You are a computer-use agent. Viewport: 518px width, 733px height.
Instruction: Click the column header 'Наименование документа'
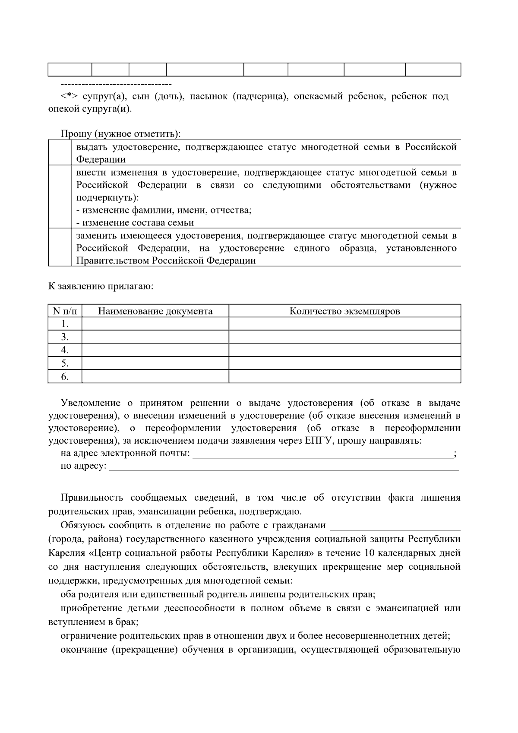tap(155, 311)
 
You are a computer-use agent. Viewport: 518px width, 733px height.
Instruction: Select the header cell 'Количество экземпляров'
tap(344, 311)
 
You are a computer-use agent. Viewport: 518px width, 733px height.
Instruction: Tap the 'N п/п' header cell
tap(65, 311)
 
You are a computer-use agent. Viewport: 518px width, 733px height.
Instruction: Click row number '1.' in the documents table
tap(65, 324)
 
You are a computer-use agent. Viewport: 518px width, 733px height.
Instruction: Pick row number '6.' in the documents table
tap(65, 377)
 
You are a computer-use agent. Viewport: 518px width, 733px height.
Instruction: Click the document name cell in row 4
tap(155, 350)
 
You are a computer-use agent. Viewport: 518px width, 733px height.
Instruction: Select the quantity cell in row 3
tap(344, 337)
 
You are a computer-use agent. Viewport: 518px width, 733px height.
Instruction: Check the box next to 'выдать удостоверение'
tap(60, 153)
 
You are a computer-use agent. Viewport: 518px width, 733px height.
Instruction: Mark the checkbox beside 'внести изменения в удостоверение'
tap(60, 197)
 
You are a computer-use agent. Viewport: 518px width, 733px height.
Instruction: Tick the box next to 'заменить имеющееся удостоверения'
tap(60, 248)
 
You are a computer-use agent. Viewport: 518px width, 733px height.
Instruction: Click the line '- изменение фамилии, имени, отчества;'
tap(164, 210)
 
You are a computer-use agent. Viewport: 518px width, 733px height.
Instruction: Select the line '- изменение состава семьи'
tap(135, 223)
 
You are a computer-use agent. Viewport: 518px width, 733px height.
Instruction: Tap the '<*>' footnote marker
tap(69, 96)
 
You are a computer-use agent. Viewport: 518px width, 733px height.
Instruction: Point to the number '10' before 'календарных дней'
tap(370, 553)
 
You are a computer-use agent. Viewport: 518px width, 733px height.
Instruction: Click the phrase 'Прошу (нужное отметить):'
tap(120, 134)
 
